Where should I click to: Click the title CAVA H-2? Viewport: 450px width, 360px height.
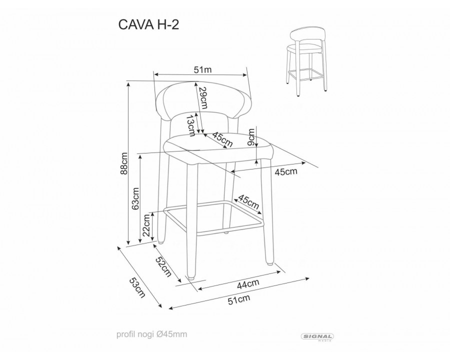pos(148,24)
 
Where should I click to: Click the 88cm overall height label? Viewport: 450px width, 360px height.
pos(124,163)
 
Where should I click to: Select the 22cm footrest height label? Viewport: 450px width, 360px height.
pos(146,225)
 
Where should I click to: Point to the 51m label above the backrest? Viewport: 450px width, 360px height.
pos(202,70)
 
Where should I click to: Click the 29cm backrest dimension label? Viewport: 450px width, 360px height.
pos(203,98)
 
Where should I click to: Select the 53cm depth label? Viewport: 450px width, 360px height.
pos(137,287)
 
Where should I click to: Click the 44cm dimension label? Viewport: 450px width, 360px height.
pos(248,284)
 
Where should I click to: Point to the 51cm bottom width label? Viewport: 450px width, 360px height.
pos(239,299)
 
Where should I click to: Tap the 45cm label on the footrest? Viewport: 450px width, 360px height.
pos(249,202)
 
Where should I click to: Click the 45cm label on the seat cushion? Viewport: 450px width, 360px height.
pos(222,139)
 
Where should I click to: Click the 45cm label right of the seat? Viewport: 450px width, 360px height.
pos(286,171)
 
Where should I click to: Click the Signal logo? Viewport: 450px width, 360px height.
pos(317,337)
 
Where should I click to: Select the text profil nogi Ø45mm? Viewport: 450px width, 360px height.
pos(151,334)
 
